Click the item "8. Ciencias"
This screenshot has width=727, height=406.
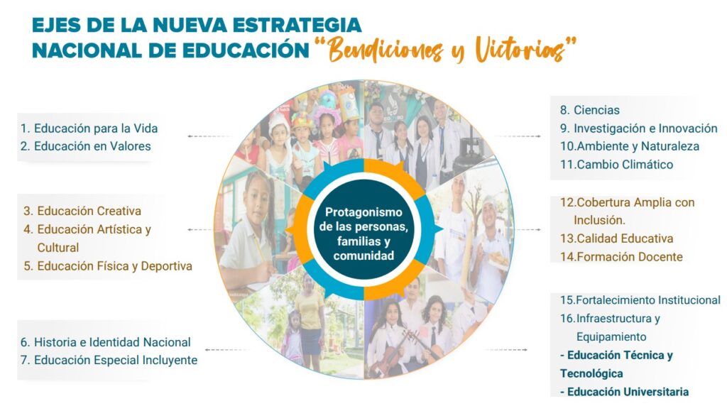(590, 110)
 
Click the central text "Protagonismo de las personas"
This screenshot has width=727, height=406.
(364, 220)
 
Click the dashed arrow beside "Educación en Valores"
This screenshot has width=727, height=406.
(209, 136)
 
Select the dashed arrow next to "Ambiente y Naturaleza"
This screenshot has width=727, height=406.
(518, 136)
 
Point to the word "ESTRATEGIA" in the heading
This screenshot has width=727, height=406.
(297, 25)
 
